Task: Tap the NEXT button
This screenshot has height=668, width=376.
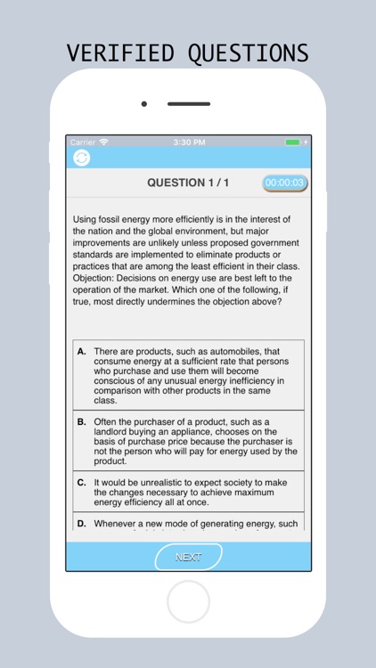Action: pos(188,557)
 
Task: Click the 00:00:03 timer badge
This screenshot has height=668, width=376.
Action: pos(285,183)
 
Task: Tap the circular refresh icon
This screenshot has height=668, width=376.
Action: pos(81,158)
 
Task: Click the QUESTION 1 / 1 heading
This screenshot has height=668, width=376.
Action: pos(188,183)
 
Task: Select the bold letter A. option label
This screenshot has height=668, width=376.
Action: pos(82,352)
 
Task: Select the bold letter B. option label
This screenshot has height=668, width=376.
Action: pos(82,421)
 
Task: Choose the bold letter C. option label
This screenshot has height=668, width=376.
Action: pos(82,482)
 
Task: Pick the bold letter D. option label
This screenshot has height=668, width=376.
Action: pos(82,523)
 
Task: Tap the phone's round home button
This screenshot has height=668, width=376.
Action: pos(188,602)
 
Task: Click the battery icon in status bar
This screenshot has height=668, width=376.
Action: pos(293,142)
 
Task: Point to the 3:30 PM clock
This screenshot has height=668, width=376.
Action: pos(189,142)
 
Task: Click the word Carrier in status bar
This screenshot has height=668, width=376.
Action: pos(83,142)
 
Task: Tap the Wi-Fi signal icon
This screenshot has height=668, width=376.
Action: pos(104,142)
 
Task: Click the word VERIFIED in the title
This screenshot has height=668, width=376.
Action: pos(118,53)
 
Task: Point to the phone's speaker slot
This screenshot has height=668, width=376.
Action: pos(189,104)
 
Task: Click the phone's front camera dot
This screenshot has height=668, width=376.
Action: pos(143,104)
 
